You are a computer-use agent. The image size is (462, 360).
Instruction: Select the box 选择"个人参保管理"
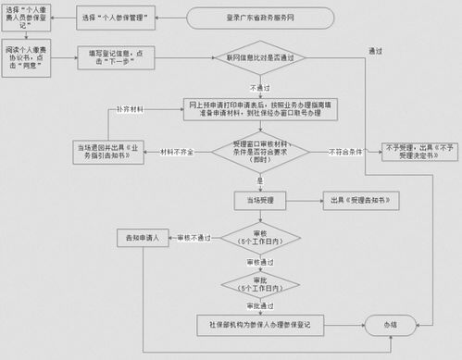click(115, 18)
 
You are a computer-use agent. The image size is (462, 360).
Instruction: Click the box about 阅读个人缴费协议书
click(25, 58)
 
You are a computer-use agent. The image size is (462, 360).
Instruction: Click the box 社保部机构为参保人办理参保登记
click(264, 325)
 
